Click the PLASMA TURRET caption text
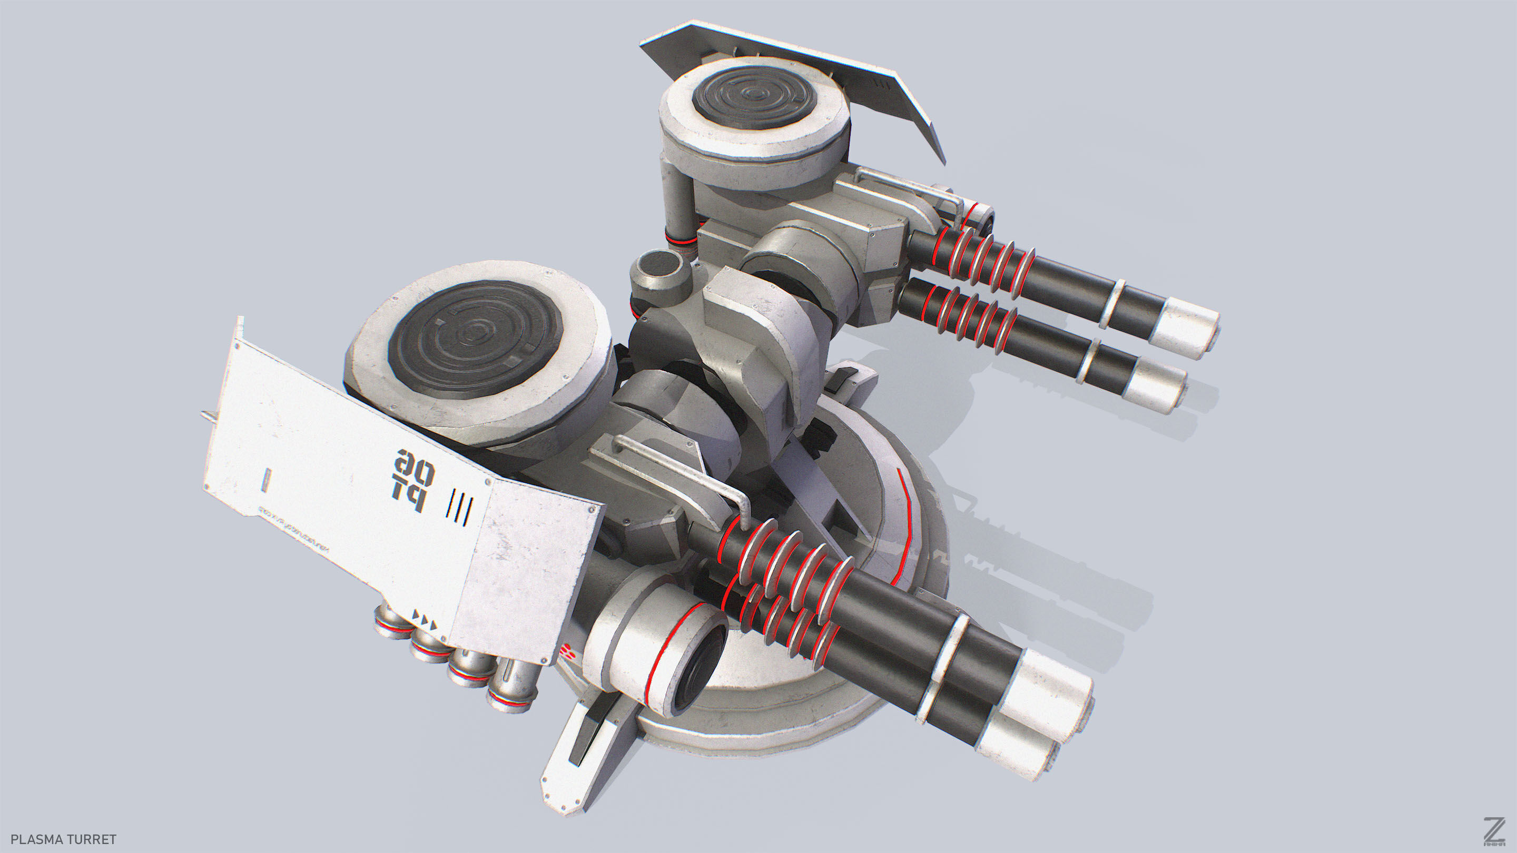(64, 839)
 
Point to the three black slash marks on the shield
(459, 507)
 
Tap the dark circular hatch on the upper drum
(754, 97)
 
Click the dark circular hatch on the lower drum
(475, 339)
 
